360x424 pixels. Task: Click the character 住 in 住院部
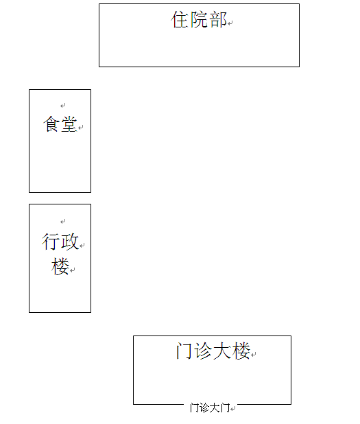[x=180, y=19]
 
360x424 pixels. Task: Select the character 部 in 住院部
[x=218, y=19]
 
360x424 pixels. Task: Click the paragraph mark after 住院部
[x=230, y=23]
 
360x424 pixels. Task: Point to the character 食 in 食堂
[x=51, y=124]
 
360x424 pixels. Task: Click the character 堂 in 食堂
[x=69, y=124]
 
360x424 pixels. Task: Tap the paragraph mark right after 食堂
[x=81, y=127]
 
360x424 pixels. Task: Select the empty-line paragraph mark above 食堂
[x=63, y=105]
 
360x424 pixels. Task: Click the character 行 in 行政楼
[x=50, y=242]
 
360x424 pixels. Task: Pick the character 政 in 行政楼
[x=70, y=242]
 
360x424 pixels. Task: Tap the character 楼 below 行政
[x=60, y=266]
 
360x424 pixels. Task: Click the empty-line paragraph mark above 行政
[x=63, y=222]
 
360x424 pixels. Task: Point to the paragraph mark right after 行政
[x=82, y=245]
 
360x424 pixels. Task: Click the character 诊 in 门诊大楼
[x=203, y=351]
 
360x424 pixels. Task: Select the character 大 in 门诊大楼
[x=222, y=351]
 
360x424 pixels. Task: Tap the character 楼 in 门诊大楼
[x=241, y=351]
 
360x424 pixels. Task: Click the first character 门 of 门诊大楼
[x=184, y=351]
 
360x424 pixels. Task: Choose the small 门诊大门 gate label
[x=210, y=408]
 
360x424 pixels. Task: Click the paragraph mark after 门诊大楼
[x=254, y=354]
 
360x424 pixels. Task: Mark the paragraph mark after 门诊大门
[x=233, y=408]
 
